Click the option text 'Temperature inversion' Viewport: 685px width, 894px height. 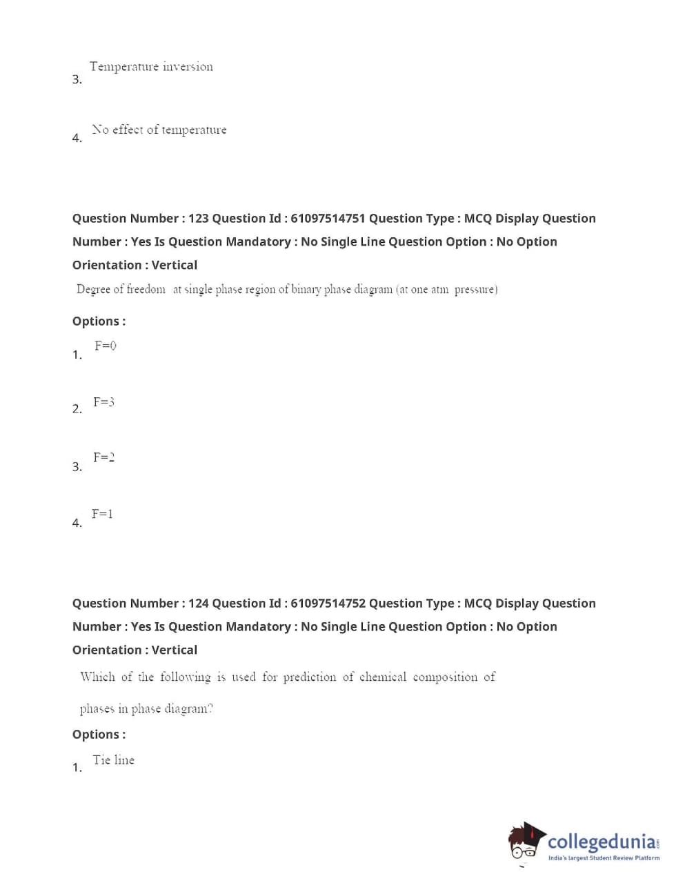tap(151, 67)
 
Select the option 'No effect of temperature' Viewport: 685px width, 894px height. tap(159, 130)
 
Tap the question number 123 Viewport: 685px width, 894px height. tap(198, 219)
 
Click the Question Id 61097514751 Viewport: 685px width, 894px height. tap(328, 219)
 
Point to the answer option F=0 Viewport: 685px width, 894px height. tap(106, 346)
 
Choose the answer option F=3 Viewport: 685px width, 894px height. tap(103, 402)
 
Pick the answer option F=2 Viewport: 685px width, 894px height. tap(103, 457)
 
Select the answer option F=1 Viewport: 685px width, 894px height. tap(102, 514)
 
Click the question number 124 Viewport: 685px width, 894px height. tap(198, 604)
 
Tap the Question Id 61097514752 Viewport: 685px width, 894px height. tap(328, 604)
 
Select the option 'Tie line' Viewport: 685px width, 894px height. tap(113, 760)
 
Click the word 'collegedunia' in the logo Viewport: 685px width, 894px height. tap(602, 842)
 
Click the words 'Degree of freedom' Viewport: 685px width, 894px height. tap(121, 290)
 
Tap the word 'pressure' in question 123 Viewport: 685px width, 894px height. tap(475, 290)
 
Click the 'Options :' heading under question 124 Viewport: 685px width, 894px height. tap(99, 735)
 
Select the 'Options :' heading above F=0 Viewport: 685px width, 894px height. tap(99, 321)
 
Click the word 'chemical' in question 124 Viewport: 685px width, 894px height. tap(383, 677)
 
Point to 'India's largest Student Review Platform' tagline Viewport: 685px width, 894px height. tap(604, 858)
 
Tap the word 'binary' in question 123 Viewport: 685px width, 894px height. tap(306, 290)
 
